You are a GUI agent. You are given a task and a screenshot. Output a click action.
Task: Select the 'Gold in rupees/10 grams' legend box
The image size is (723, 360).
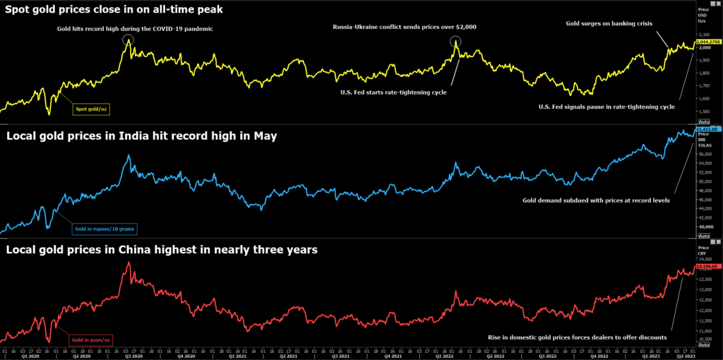tap(104, 228)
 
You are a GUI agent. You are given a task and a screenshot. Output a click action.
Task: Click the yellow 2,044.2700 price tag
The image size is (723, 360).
tap(707, 42)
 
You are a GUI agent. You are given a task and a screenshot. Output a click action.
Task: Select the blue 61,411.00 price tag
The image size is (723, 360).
tap(707, 130)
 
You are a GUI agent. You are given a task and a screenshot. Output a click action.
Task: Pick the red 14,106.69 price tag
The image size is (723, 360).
tap(707, 267)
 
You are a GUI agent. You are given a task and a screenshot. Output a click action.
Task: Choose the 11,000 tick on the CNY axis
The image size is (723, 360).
tap(704, 330)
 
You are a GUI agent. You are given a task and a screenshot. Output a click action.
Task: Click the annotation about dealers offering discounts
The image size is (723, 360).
tap(578, 337)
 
